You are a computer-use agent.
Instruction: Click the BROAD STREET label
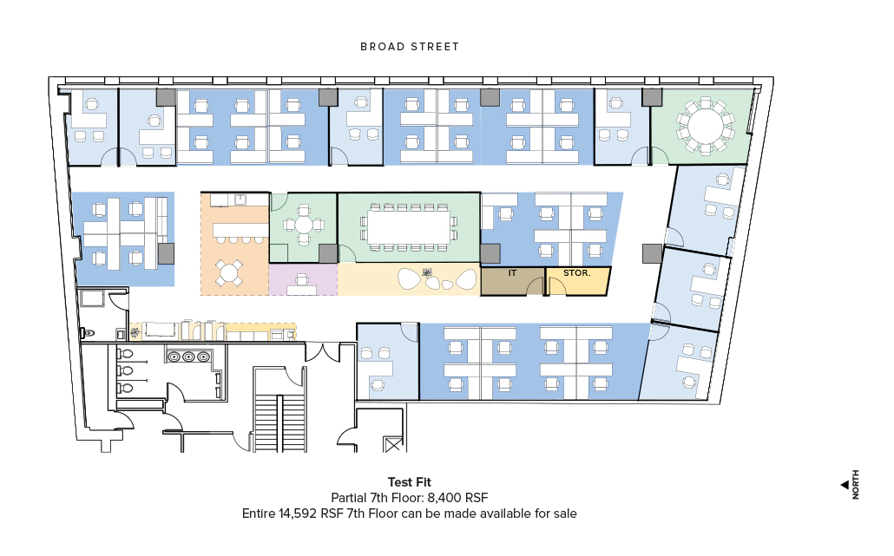(410, 47)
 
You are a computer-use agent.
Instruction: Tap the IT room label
(512, 273)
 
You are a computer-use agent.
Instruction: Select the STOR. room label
(576, 273)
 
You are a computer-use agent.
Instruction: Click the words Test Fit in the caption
(410, 482)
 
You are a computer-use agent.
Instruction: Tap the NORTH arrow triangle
(845, 485)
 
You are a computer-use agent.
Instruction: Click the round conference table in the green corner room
(706, 126)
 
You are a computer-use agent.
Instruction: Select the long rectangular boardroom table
(409, 226)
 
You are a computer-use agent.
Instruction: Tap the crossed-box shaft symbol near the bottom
(393, 444)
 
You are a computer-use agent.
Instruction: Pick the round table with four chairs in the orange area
(228, 273)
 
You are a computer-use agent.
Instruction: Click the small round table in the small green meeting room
(304, 225)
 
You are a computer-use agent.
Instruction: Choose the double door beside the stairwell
(323, 352)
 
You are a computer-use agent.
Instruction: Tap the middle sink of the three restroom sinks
(188, 357)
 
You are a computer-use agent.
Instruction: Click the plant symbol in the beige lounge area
(428, 273)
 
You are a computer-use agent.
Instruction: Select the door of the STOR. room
(557, 286)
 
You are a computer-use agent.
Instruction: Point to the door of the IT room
(536, 286)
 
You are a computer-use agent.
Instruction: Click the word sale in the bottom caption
(564, 513)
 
